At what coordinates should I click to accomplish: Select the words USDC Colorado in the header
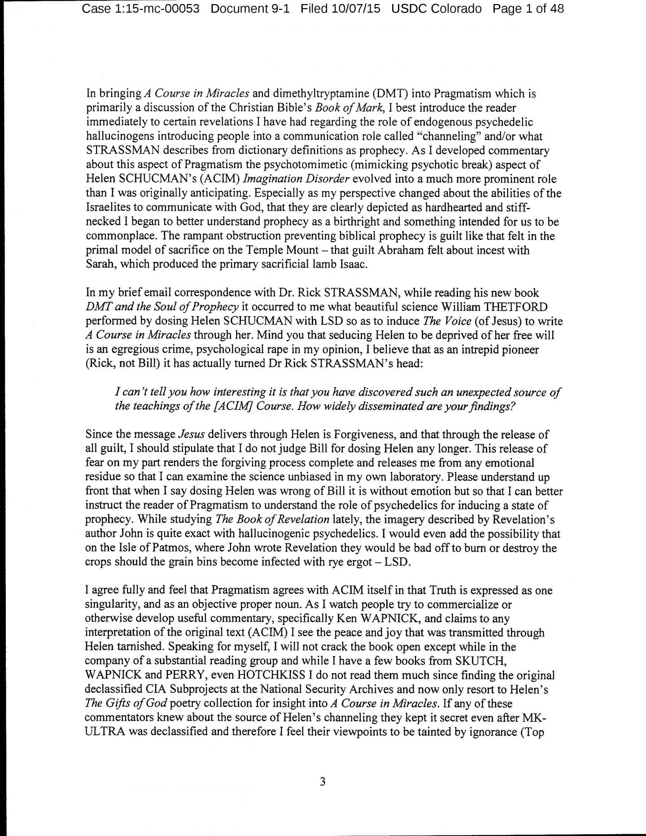436,9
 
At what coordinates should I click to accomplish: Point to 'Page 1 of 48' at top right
528,9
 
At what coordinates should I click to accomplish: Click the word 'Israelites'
106,208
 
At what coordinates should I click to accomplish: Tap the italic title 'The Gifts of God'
127,704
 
